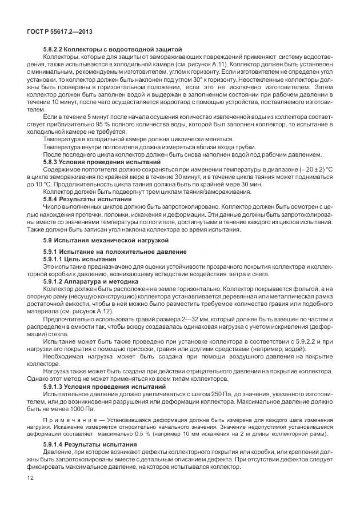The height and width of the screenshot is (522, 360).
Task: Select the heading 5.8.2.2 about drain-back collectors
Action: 112,50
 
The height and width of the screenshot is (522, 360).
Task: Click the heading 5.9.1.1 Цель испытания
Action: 83,259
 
